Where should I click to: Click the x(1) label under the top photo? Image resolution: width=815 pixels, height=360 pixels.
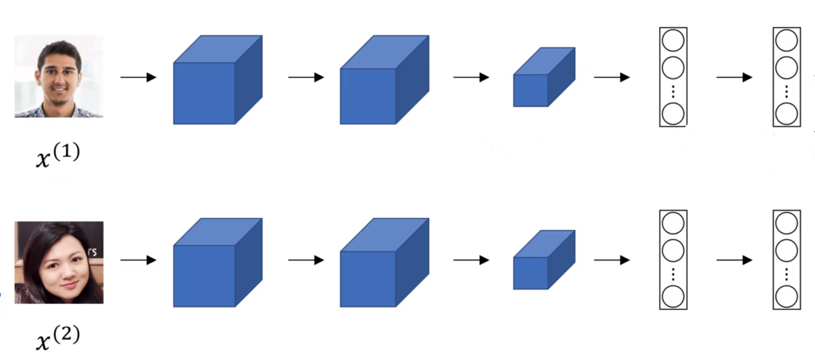click(58, 155)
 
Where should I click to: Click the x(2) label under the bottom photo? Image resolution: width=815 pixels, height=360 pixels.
click(58, 337)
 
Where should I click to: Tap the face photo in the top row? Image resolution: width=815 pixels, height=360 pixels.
click(59, 76)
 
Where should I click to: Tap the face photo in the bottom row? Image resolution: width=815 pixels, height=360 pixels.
click(59, 262)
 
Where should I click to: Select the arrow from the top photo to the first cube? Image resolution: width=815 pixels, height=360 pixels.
click(138, 77)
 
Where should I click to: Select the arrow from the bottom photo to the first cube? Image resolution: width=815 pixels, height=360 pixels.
click(138, 260)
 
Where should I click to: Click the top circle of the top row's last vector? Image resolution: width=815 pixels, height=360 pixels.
click(786, 41)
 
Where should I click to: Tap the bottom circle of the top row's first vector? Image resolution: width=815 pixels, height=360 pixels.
click(673, 114)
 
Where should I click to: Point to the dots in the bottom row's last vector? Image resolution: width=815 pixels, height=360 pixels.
click(786, 274)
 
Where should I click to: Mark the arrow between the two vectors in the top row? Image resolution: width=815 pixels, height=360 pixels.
click(734, 77)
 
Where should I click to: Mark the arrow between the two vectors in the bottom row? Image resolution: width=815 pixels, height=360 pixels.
click(734, 260)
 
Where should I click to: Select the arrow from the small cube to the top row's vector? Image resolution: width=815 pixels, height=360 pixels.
click(611, 77)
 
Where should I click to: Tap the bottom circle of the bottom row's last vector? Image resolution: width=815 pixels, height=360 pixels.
click(786, 297)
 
